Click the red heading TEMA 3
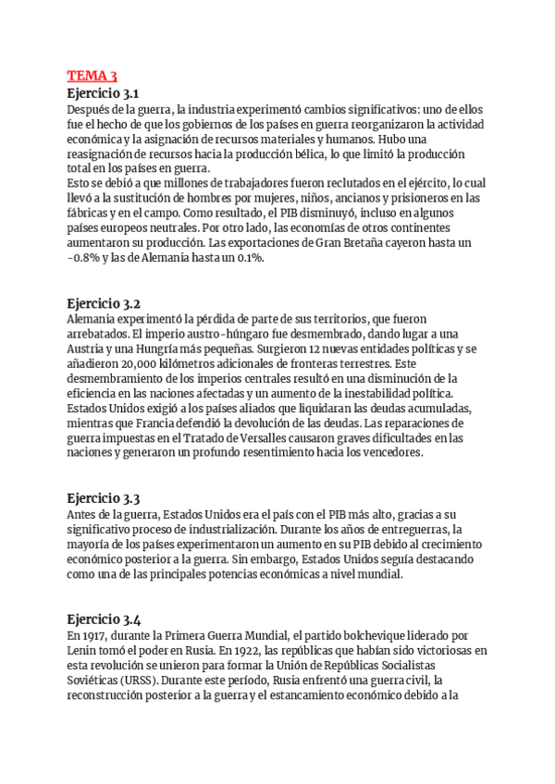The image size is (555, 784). pos(92,76)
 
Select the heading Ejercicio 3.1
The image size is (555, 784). pos(103,92)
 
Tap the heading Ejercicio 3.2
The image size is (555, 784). pos(104,302)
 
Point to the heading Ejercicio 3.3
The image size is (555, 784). pos(104,498)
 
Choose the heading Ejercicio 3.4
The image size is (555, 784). pos(104,619)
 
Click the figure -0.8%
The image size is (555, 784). pos(88,258)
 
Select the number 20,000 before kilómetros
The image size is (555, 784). pos(134,364)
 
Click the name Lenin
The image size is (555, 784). pos(84,651)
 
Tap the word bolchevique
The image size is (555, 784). pos(357,636)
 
